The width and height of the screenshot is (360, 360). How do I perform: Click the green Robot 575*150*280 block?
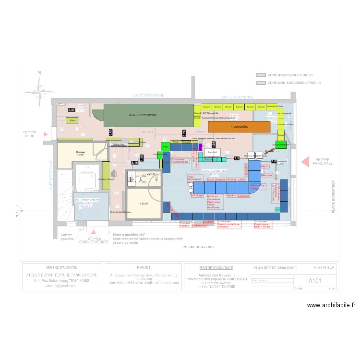(149, 116)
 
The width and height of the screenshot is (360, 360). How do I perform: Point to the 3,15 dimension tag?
(135, 163)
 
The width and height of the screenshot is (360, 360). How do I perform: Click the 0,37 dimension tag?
(72, 110)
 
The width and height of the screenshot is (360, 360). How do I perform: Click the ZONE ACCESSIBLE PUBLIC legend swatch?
(261, 75)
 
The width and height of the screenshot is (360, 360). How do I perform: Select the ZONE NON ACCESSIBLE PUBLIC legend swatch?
(261, 83)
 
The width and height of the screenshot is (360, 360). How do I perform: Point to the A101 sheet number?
(314, 281)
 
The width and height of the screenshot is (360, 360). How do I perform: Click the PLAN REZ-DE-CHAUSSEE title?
(275, 268)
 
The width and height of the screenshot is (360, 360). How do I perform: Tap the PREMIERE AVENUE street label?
(199, 247)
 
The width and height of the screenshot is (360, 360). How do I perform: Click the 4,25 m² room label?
(144, 204)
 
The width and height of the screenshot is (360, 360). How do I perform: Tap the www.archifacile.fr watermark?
(331, 305)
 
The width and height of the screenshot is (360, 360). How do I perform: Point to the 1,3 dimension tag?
(237, 158)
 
